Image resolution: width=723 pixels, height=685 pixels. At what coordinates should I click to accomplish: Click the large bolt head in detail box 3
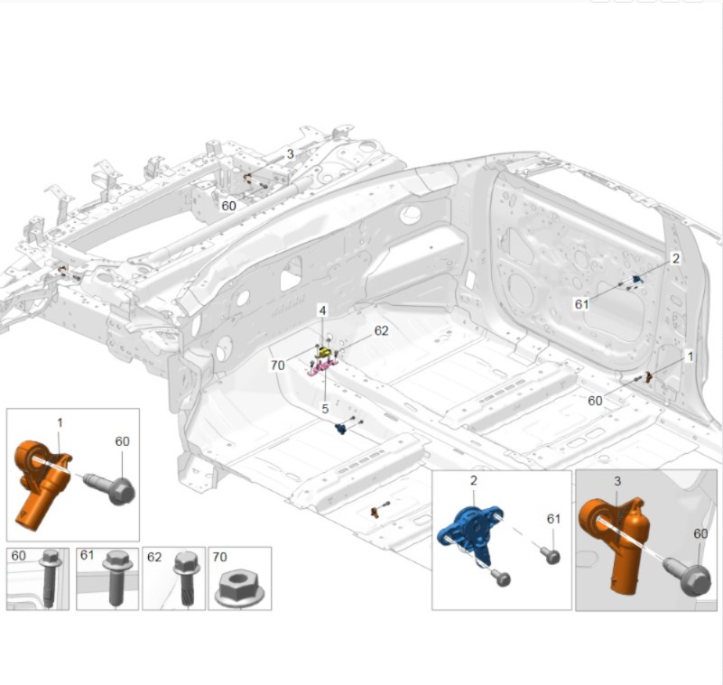(691, 579)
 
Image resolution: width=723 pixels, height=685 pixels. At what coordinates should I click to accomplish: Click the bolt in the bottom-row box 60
(49, 578)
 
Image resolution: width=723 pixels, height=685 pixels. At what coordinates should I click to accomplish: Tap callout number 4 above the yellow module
(321, 310)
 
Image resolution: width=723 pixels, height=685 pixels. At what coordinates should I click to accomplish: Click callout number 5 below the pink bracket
(325, 408)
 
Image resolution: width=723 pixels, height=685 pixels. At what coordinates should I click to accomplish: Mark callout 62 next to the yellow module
(381, 331)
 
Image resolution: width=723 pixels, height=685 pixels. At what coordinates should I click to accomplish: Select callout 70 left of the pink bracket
(278, 366)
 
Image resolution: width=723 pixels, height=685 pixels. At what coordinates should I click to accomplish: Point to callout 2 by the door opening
(675, 258)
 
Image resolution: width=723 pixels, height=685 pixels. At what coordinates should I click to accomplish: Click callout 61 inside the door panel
(582, 304)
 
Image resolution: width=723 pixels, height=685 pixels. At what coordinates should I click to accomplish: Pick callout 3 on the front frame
(290, 154)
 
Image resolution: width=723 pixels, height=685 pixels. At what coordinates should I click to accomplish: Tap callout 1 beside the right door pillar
(691, 357)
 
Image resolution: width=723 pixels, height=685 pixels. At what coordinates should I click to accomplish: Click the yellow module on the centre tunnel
(322, 349)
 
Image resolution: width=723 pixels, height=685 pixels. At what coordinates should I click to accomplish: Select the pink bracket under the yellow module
(321, 366)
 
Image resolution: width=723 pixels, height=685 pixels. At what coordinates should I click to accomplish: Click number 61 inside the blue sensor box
(554, 519)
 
